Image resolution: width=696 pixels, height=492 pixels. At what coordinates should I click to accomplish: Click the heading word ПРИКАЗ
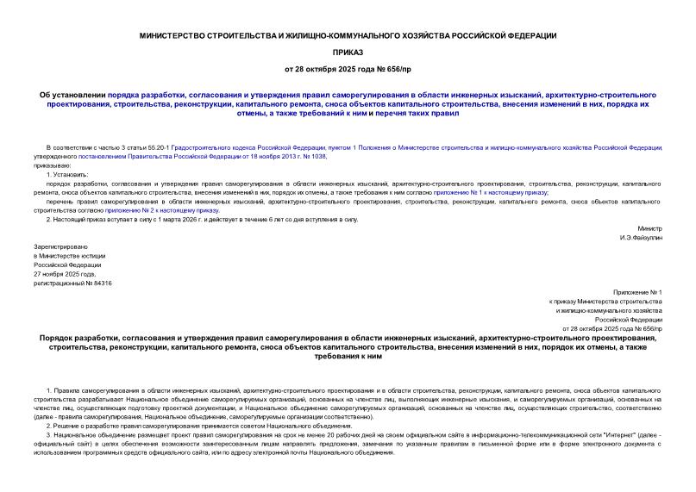348,52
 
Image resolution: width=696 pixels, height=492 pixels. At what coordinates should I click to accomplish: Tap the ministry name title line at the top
348,35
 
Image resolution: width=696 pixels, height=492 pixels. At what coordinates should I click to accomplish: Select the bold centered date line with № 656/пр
348,68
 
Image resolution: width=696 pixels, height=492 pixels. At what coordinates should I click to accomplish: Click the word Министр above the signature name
649,228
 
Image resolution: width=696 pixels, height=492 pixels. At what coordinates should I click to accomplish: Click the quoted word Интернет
606,436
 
